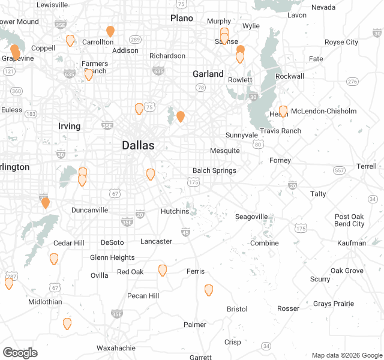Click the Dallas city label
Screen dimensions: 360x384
click(138, 145)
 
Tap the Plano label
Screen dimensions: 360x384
click(182, 18)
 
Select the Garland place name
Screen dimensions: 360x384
click(208, 74)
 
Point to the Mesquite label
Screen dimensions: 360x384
click(225, 151)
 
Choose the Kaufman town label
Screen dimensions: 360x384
click(352, 243)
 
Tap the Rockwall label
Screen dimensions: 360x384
click(290, 76)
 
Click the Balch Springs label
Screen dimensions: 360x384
click(214, 170)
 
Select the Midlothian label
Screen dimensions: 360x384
click(45, 302)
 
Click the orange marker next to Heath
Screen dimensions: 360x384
click(283, 111)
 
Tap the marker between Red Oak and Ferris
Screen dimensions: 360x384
click(163, 270)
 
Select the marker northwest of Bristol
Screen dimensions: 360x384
click(209, 290)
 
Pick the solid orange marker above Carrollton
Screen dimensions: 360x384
click(110, 31)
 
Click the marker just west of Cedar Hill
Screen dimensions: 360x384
click(54, 259)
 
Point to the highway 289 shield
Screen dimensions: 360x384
click(136, 40)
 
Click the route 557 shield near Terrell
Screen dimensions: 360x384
click(340, 170)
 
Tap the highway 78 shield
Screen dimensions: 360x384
click(200, 88)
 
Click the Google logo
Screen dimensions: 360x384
click(20, 353)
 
